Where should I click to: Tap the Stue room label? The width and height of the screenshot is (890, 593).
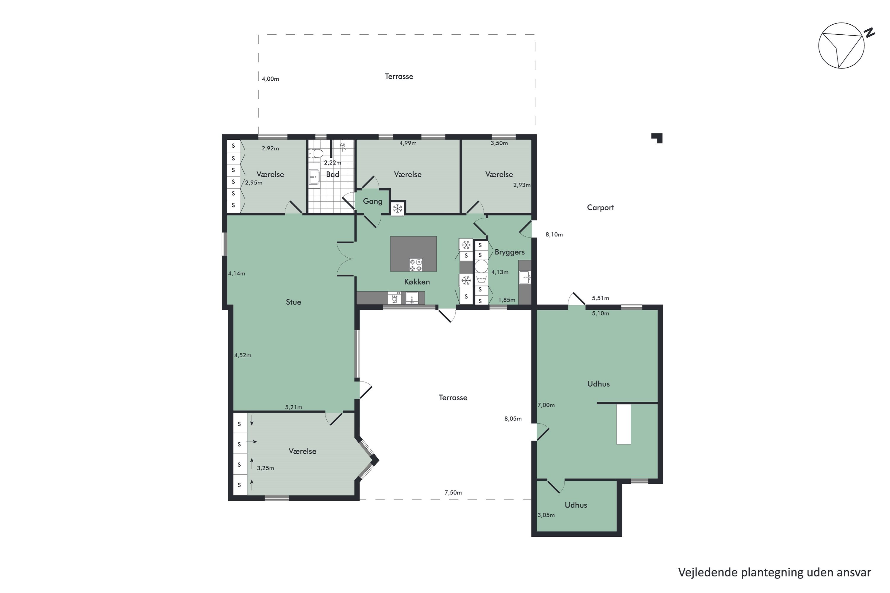coord(293,302)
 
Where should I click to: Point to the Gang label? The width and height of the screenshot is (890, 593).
coord(372,201)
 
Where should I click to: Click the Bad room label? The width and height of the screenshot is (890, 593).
coord(332,174)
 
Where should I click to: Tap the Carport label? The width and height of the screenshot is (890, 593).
coord(600,207)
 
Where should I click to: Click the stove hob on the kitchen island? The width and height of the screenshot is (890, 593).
coord(416,265)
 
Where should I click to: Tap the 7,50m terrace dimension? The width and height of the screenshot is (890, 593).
coord(453,492)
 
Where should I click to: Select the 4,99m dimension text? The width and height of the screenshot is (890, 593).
coord(408,143)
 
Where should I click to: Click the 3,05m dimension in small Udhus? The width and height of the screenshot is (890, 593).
coord(546,515)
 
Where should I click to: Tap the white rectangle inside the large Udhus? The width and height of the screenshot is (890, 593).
coord(624,424)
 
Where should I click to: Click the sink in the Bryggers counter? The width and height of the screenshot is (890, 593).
coord(525,277)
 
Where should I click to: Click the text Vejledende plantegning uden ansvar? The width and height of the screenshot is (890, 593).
coord(775,573)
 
